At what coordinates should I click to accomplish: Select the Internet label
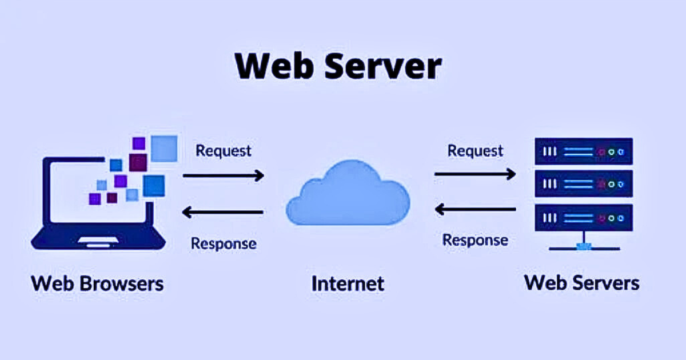pyautogui.click(x=348, y=283)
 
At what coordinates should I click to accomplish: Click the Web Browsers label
pyautogui.click(x=97, y=283)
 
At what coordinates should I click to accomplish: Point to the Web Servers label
pyautogui.click(x=582, y=282)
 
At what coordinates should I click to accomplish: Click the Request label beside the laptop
pyautogui.click(x=223, y=151)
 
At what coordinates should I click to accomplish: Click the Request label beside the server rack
pyautogui.click(x=475, y=151)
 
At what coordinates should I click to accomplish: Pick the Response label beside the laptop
pyautogui.click(x=224, y=243)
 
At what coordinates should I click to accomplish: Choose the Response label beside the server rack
pyautogui.click(x=475, y=240)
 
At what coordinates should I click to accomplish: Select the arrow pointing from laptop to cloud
pyautogui.click(x=223, y=175)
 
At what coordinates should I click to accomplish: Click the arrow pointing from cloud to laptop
pyautogui.click(x=223, y=213)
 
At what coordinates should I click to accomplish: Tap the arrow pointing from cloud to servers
pyautogui.click(x=475, y=173)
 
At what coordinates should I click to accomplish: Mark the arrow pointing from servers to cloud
pyautogui.click(x=475, y=210)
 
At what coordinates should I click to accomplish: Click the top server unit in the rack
pyautogui.click(x=584, y=152)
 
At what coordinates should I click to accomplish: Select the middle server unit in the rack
pyautogui.click(x=584, y=185)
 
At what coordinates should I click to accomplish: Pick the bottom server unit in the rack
pyautogui.click(x=584, y=218)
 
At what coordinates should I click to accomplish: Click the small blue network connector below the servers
pyautogui.click(x=584, y=247)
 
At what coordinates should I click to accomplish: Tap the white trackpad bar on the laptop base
pyautogui.click(x=98, y=239)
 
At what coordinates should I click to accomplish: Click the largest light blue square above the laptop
pyautogui.click(x=164, y=148)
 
